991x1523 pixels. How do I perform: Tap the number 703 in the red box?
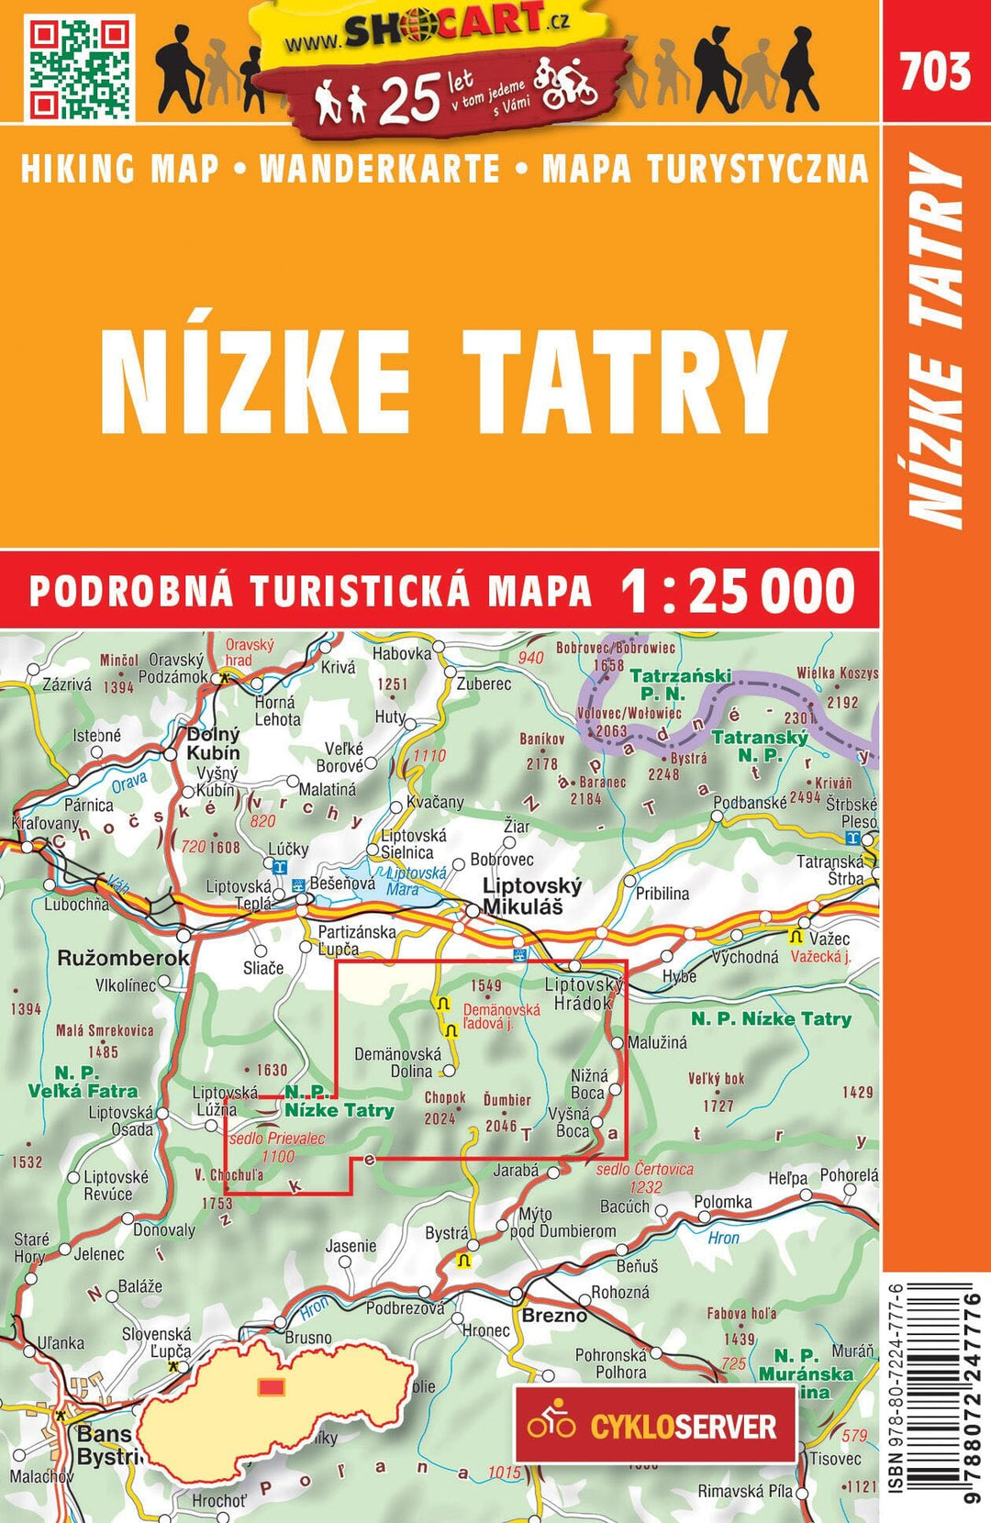935,72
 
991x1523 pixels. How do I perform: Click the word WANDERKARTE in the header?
380,170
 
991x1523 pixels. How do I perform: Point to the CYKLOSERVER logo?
653,1426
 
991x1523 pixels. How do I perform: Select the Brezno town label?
553,1316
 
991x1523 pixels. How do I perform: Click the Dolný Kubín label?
213,744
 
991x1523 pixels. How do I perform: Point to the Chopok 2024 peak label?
445,1107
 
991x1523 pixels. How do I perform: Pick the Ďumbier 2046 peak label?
506,1112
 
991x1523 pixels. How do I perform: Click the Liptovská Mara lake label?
415,881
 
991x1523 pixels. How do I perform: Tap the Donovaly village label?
163,1229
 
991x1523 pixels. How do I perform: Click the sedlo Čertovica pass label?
644,1177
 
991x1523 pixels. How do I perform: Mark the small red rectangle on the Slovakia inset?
271,1386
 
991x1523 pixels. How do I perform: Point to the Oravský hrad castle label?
249,652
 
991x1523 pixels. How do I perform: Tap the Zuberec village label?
484,684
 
